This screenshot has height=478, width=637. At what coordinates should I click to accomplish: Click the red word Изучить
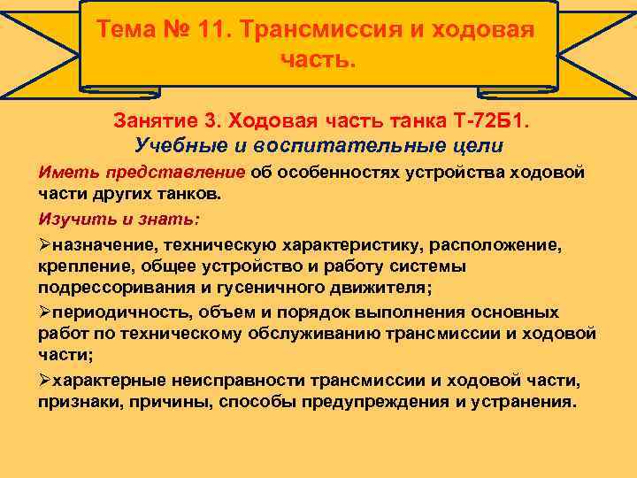click(x=68, y=218)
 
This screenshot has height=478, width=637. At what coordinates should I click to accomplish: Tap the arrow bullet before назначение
click(x=44, y=242)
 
